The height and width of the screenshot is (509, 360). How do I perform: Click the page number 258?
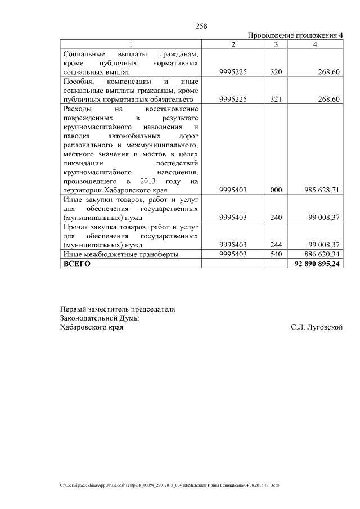pos(201,26)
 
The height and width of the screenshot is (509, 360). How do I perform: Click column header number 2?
pos(233,44)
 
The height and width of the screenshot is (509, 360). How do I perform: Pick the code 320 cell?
pos(276,73)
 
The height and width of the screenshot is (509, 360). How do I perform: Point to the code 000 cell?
pos(276,190)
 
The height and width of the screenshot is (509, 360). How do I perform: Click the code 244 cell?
pos(276,245)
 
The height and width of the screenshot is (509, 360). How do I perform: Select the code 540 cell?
pos(276,254)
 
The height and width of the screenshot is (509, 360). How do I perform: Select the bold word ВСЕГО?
pos(77,263)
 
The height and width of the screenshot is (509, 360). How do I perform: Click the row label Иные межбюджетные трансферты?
pos(121,254)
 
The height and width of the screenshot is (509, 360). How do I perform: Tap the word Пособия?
pos(78,82)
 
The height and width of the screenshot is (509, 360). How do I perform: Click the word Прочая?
pos(76,227)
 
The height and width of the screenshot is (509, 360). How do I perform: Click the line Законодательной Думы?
pos(100,318)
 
